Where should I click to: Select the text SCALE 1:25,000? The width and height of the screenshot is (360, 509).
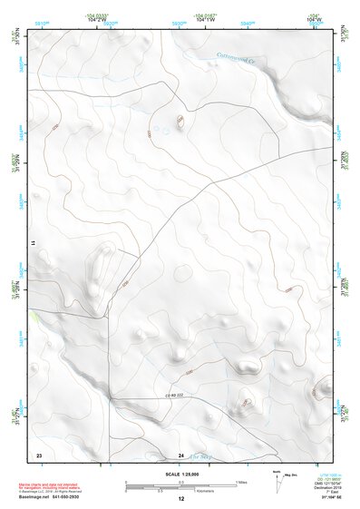pos(180,474)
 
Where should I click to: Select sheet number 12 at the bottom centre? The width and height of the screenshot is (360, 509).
pos(180,499)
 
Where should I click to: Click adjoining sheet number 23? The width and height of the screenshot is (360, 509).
pos(38,454)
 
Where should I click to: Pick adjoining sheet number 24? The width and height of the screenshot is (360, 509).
pos(180,454)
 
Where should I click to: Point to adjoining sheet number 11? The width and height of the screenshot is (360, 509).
pos(32,243)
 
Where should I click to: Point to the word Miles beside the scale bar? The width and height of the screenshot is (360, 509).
pos(242,481)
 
